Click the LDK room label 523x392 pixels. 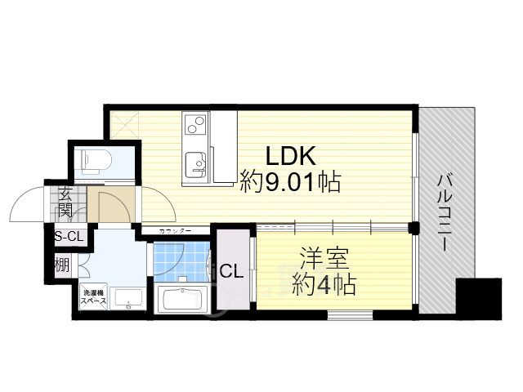[x=287, y=155]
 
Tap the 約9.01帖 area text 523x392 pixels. [x=290, y=181]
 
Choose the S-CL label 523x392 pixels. [x=68, y=238]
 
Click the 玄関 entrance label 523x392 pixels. [x=65, y=203]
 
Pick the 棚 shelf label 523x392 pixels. [x=62, y=265]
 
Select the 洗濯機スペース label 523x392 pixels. [x=92, y=296]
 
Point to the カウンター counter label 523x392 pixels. [x=176, y=232]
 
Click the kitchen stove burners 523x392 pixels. [x=196, y=124]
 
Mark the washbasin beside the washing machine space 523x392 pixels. [x=127, y=300]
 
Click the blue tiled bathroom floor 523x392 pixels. [x=174, y=260]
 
